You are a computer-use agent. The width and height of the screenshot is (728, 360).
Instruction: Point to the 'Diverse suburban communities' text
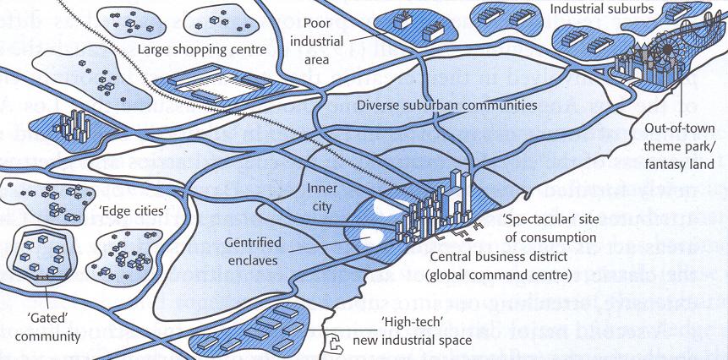pyautogui.click(x=446, y=106)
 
